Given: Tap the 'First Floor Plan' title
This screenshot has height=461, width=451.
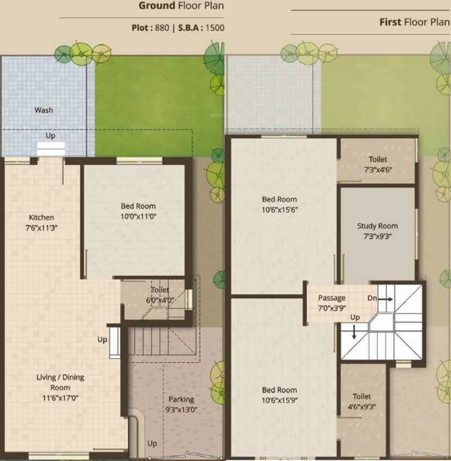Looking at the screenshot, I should [x=414, y=22].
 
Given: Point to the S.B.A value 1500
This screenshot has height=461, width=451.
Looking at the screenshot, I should [x=214, y=28].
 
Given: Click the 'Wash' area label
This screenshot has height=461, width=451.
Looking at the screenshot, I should [x=44, y=110].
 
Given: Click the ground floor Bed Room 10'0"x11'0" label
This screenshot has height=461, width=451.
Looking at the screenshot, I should [x=138, y=211].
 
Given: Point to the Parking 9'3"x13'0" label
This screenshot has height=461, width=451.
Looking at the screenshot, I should [x=181, y=405].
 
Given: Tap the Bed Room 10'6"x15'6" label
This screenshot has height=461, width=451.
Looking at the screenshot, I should [x=279, y=204].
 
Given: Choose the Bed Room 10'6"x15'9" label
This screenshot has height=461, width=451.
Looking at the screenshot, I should [x=279, y=395].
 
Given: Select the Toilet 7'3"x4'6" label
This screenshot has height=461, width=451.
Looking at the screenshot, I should [x=378, y=164].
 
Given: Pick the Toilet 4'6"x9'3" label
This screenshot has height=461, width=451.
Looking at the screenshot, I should [x=362, y=401].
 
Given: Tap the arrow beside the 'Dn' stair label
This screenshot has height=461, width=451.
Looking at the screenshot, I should [x=386, y=298].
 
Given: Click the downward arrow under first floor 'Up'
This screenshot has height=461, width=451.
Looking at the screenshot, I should [x=354, y=331].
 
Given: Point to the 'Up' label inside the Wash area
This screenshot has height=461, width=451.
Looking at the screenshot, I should [x=50, y=136].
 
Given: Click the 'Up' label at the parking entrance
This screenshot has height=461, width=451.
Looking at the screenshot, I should [x=153, y=444].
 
